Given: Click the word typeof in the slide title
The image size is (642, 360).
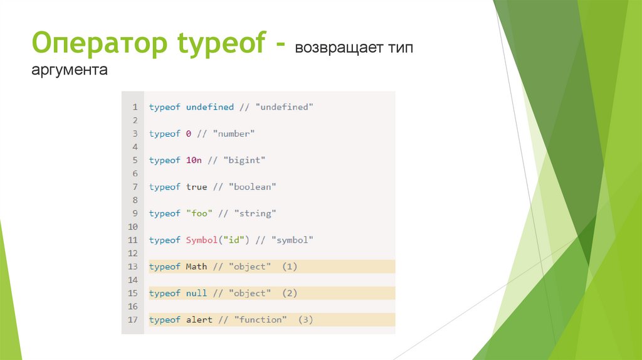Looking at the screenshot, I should [213, 46].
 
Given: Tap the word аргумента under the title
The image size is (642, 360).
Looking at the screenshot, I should [70, 70].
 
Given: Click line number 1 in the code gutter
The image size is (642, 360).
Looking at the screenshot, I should [134, 107].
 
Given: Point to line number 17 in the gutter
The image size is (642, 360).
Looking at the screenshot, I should [132, 320].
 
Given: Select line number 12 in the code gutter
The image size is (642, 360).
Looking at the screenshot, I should [132, 253].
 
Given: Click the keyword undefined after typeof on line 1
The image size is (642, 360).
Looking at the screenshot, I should [209, 107].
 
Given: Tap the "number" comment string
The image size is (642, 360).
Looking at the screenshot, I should [234, 134].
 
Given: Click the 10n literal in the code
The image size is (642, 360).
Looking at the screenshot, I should [194, 161].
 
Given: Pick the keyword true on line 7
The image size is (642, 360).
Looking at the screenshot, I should [196, 187].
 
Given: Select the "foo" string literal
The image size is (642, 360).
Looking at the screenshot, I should [199, 213].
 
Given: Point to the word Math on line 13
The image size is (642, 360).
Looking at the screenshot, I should [196, 267].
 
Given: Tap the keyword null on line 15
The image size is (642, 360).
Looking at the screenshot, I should [196, 294].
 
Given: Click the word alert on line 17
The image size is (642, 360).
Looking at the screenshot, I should [199, 320].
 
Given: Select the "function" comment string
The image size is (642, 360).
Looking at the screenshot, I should [260, 320].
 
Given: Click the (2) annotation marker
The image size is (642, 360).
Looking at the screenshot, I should [289, 294].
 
